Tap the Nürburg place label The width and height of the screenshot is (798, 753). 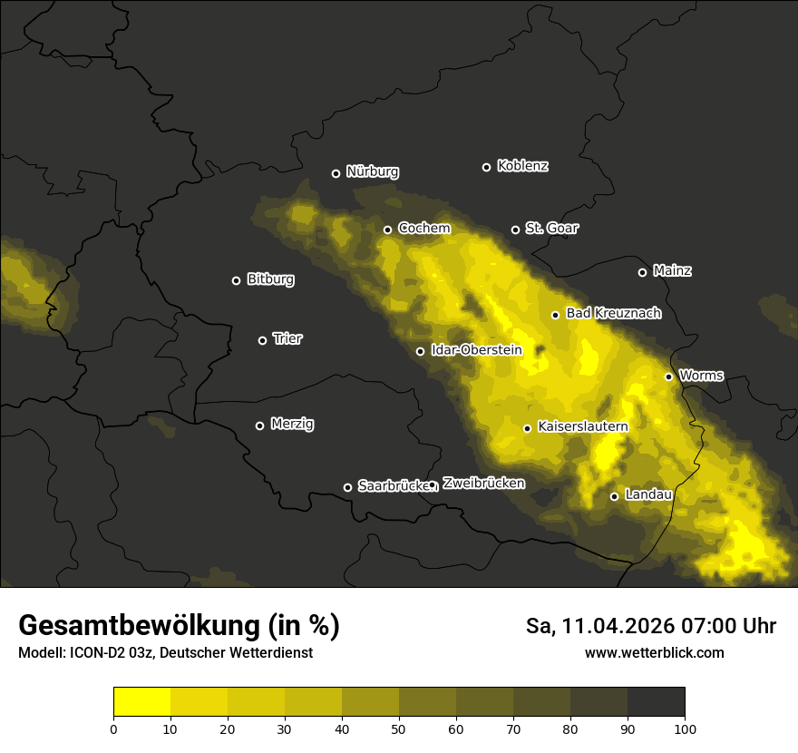coord(372,171)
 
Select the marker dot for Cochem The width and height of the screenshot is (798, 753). coord(387,230)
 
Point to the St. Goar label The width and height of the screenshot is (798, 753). coord(551,229)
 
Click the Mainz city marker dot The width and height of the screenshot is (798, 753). coord(642,272)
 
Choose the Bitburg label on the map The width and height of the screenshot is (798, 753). coord(270,279)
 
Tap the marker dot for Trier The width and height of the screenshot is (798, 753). coord(262,340)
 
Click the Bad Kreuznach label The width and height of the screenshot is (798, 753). coord(613,313)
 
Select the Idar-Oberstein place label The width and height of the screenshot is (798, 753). coord(476,350)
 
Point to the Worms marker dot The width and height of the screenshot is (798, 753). coord(668,376)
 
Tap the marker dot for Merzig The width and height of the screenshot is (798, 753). coord(259,425)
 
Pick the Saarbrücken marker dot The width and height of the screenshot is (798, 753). coord(347,487)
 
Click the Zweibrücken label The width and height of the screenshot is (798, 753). coord(483,484)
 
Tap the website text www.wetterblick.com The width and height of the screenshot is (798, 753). coord(654,652)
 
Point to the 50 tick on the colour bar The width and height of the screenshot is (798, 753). coord(399,729)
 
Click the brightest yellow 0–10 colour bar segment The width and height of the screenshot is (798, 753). coord(141,702)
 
